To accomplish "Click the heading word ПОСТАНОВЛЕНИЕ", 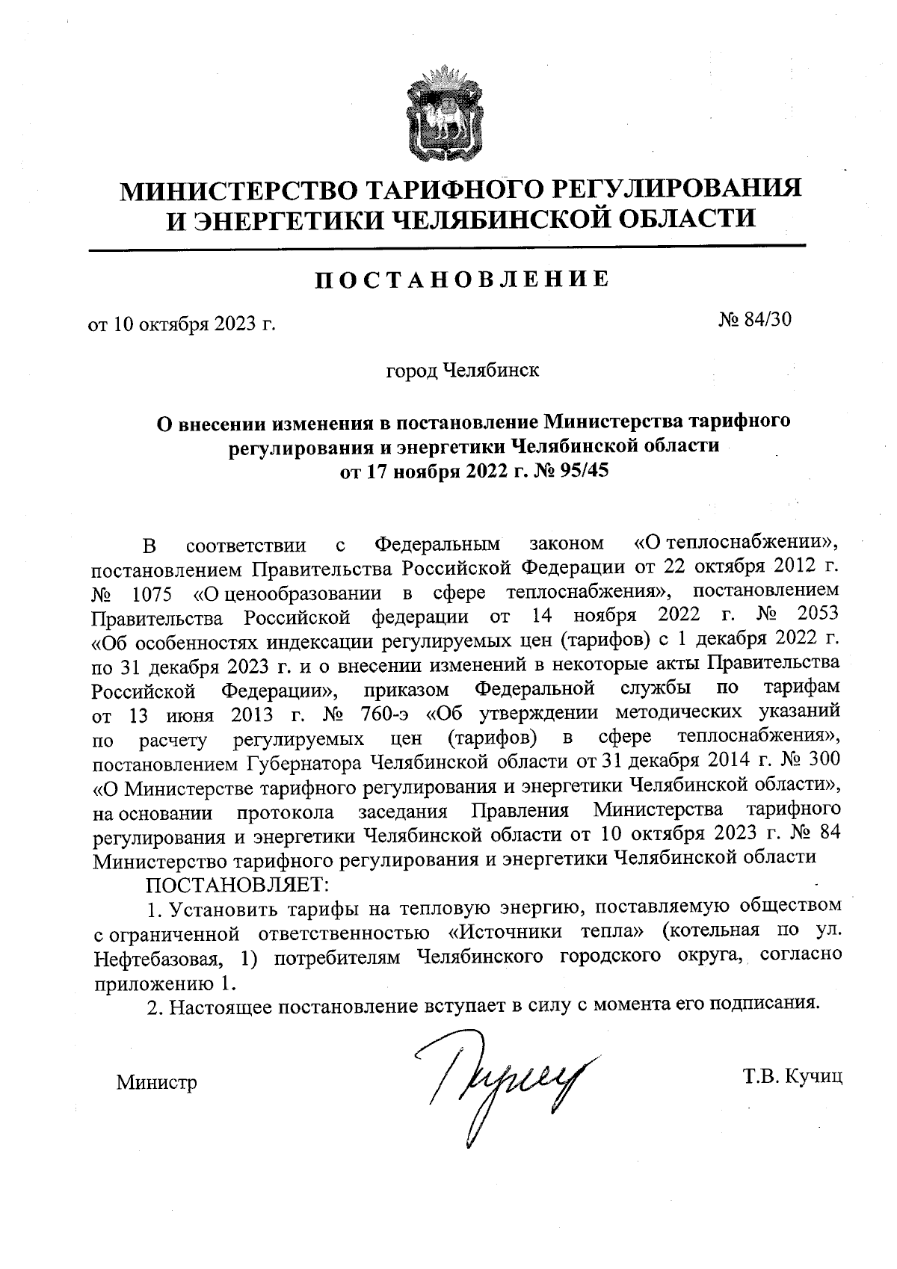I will (x=460, y=279).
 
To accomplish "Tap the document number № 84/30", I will (x=753, y=320).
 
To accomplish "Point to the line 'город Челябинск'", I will (x=461, y=370).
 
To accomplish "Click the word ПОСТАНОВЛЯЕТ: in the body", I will (x=237, y=885).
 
